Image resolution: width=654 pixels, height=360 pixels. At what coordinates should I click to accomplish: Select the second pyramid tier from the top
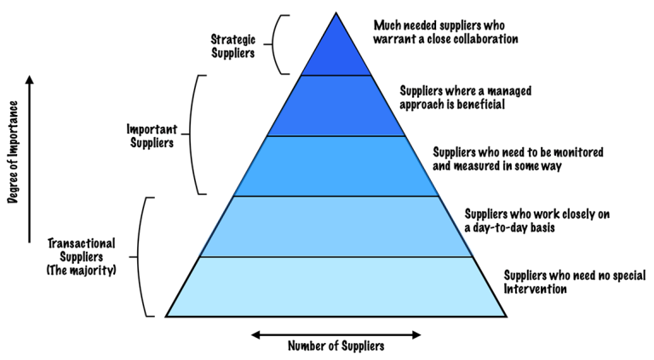pyautogui.click(x=335, y=106)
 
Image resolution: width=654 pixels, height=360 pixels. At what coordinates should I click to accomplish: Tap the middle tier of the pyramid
pyautogui.click(x=335, y=166)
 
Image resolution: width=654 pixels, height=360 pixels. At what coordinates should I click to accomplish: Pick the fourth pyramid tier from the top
pyautogui.click(x=335, y=226)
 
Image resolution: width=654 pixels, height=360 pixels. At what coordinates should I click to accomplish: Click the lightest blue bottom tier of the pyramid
pyautogui.click(x=335, y=286)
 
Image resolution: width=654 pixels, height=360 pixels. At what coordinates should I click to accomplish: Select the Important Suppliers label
pyautogui.click(x=152, y=136)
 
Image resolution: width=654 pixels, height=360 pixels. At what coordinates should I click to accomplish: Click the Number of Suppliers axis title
pyautogui.click(x=336, y=346)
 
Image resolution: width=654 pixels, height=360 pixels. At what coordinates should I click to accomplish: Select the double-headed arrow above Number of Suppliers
pyautogui.click(x=336, y=330)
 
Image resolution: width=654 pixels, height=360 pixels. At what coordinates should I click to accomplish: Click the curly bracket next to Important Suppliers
pyautogui.click(x=195, y=136)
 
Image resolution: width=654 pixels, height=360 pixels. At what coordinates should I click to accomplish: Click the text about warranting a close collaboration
pyautogui.click(x=445, y=32)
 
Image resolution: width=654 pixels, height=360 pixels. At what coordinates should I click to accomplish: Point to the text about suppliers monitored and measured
pyautogui.click(x=518, y=158)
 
